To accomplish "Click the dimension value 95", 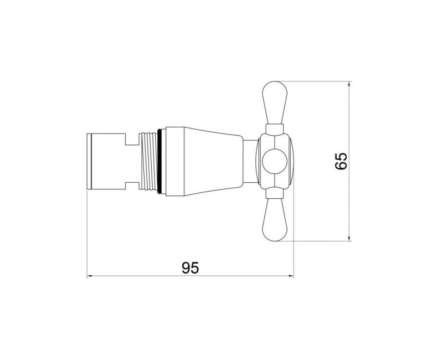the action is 190,268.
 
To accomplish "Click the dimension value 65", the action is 341,161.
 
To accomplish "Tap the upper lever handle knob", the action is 275,102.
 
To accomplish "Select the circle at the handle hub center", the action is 275,161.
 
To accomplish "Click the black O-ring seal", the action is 160,161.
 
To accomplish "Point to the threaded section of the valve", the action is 149,161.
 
